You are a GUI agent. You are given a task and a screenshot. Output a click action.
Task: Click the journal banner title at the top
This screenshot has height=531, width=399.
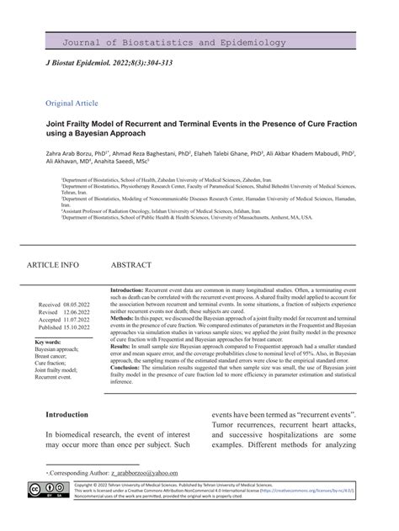(x=199, y=40)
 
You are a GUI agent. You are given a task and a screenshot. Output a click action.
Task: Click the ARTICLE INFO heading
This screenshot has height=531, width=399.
(x=54, y=265)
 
